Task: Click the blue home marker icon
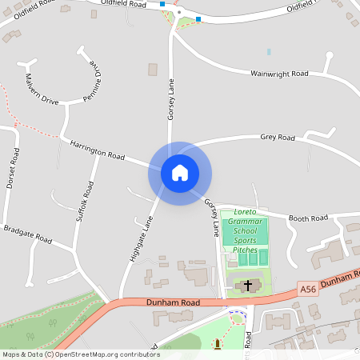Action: (179, 173)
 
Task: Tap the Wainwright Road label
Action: (279, 74)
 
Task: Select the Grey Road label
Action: (278, 137)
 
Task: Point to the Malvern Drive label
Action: (42, 90)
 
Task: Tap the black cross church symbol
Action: (248, 285)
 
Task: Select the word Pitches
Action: (245, 250)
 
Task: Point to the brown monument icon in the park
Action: (216, 345)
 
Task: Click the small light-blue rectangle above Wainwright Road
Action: (269, 52)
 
